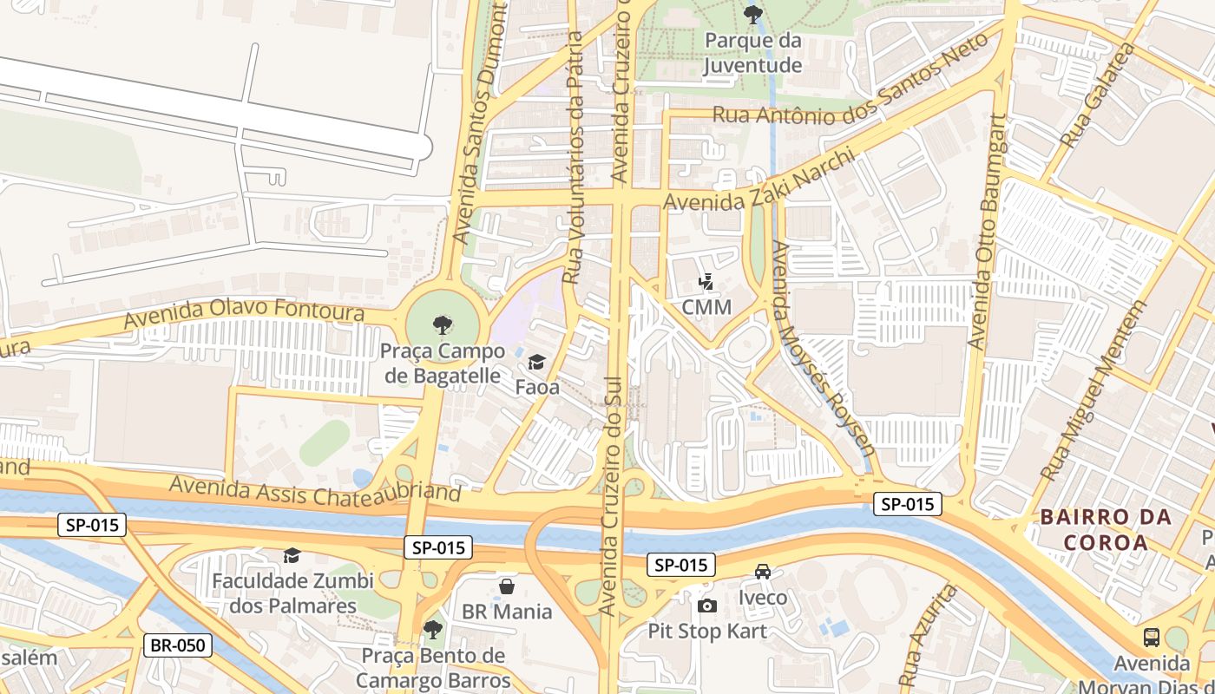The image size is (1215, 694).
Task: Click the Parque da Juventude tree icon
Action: (753, 14)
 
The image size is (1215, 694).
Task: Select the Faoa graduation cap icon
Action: (536, 361)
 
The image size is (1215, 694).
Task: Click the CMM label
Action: (706, 307)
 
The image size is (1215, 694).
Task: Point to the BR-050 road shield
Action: (178, 645)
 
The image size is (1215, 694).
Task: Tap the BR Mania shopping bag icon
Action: (507, 587)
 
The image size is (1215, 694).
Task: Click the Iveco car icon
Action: (763, 572)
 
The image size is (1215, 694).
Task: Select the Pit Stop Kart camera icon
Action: (707, 606)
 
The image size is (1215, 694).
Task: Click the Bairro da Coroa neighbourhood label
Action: (1106, 530)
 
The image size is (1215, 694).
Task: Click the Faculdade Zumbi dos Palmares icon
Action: (292, 555)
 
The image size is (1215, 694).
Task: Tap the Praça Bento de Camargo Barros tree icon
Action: (432, 629)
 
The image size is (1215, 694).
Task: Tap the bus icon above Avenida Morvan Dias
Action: (1151, 638)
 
